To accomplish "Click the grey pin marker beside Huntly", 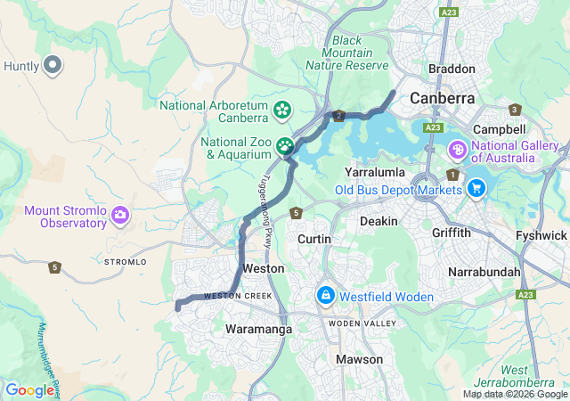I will pyautogui.click(x=53, y=64).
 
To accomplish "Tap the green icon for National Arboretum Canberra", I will pyautogui.click(x=282, y=110).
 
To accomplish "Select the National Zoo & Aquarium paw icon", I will pyautogui.click(x=285, y=145).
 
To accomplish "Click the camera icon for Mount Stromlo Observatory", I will pyautogui.click(x=120, y=215).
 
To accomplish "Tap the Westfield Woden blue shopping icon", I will pyautogui.click(x=325, y=295).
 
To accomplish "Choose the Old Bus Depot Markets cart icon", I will pyautogui.click(x=476, y=188).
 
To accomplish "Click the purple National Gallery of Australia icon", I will pyautogui.click(x=459, y=149).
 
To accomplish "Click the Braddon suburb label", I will pyautogui.click(x=452, y=69).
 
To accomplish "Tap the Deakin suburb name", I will pyautogui.click(x=379, y=220).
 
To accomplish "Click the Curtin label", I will pyautogui.click(x=314, y=240).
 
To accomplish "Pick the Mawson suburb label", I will pyautogui.click(x=360, y=359).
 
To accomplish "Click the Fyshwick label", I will pyautogui.click(x=541, y=235).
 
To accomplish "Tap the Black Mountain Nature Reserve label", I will pyautogui.click(x=347, y=53).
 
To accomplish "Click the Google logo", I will pyautogui.click(x=29, y=390).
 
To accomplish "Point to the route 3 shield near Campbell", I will pyautogui.click(x=515, y=110).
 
